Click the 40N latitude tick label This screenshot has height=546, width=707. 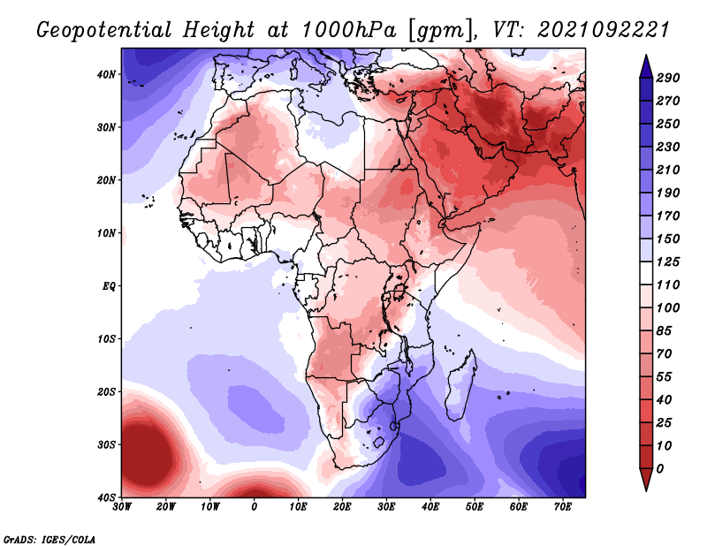[105, 74]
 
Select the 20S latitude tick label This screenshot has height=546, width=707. [105, 391]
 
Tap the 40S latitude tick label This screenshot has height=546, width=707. [105, 497]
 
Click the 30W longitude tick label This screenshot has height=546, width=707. [123, 507]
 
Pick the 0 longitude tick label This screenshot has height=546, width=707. [255, 507]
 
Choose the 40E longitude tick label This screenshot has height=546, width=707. [430, 507]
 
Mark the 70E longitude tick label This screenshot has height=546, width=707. [562, 507]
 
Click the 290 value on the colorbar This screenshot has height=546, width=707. [667, 79]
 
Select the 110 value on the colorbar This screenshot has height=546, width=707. [667, 286]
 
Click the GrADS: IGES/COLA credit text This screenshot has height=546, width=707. [49, 538]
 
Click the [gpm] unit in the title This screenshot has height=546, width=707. [436, 29]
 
